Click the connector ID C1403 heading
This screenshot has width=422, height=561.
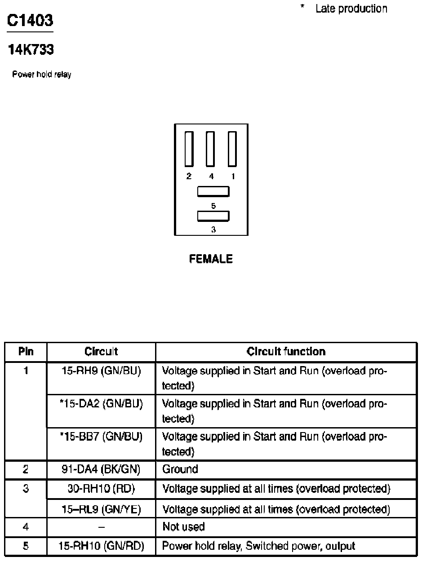point(31,21)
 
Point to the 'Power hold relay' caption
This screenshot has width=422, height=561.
point(41,75)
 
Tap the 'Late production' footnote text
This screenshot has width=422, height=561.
point(351,9)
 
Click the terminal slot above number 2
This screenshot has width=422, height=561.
point(189,149)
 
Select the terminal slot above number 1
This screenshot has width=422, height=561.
point(232,149)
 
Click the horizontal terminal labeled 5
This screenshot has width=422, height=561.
point(213,192)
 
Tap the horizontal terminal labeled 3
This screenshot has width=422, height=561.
point(213,216)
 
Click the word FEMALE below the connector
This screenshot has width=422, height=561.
point(211,259)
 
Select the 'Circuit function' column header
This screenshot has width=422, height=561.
point(286,352)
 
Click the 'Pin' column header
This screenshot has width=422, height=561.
point(26,352)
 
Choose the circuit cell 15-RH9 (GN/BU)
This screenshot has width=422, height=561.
point(101,371)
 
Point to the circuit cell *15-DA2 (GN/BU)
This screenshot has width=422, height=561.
point(101,404)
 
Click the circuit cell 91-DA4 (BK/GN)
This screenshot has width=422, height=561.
point(101,469)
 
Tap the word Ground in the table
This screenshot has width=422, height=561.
point(180,469)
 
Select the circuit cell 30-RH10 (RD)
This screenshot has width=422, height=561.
point(101,488)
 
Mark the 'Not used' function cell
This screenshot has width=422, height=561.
point(183,526)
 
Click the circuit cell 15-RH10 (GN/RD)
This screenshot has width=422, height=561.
point(101,546)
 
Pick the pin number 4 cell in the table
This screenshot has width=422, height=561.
point(26,526)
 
